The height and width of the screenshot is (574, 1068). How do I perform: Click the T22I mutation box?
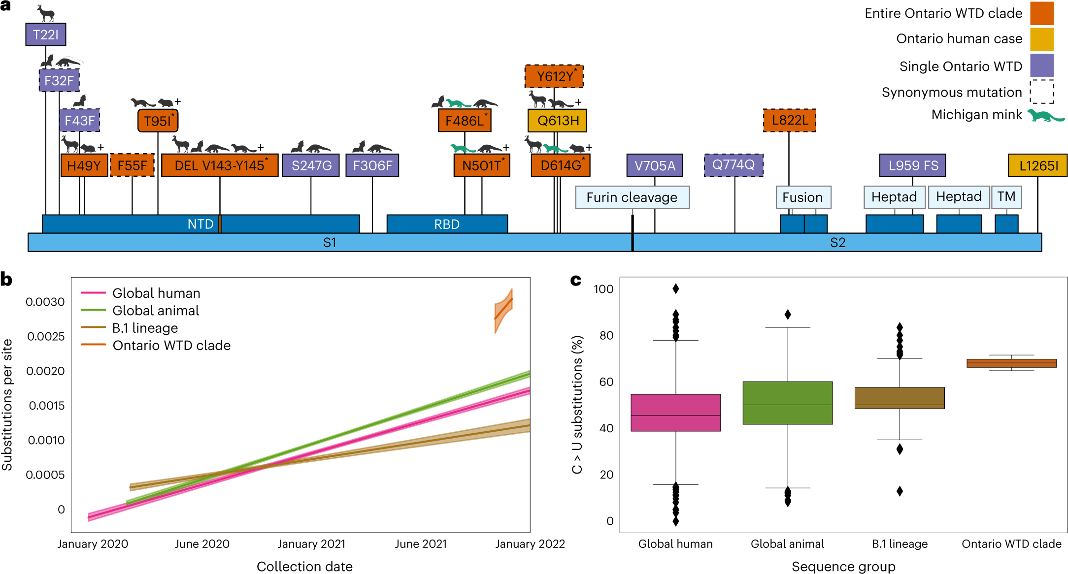coord(45,35)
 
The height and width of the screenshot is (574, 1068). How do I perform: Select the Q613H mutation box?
coord(558,121)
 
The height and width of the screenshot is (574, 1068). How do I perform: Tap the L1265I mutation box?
coord(1038,165)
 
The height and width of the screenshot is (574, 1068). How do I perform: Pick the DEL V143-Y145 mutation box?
coord(220,165)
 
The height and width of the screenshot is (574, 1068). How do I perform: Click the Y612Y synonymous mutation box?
coord(554,76)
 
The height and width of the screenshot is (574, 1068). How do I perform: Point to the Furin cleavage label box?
coord(632,197)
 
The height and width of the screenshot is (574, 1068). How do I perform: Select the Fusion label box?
coord(803,197)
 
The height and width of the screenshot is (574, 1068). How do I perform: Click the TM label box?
coord(1006,197)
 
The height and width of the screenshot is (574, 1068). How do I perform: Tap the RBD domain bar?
coord(447,224)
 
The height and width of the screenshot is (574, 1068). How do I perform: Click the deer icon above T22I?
coord(46,13)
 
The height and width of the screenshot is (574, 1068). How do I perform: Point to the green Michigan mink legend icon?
coord(1046,116)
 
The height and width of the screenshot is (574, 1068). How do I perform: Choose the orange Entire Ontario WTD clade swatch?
coord(1042,13)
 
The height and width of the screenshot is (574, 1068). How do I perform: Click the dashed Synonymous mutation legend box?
coord(1042,92)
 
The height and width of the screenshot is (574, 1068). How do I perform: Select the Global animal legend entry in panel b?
coord(156,311)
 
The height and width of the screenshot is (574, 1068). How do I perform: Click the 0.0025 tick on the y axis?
coord(46,337)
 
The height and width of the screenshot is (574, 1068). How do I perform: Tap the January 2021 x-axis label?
coord(311,544)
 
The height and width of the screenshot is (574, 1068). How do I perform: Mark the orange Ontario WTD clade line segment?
coord(504,309)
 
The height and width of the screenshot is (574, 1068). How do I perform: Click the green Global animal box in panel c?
coord(787,403)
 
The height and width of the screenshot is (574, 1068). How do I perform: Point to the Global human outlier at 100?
coord(676,289)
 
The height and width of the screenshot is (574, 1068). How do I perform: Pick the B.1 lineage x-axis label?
coord(900,544)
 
